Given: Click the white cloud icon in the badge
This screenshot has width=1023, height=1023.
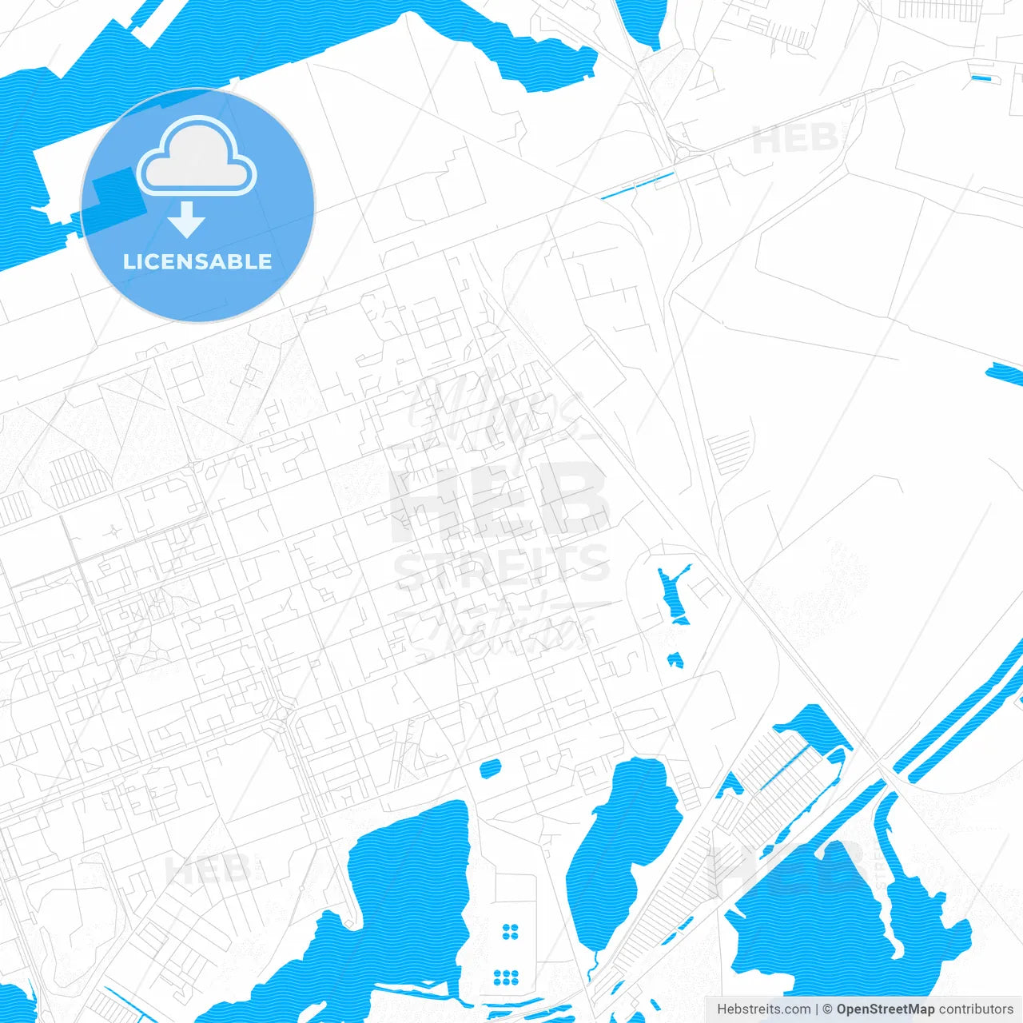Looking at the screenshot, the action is (197, 157).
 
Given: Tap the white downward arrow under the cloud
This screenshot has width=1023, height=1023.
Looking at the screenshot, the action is (187, 220).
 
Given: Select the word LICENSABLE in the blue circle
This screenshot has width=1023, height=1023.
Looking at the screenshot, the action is (197, 261).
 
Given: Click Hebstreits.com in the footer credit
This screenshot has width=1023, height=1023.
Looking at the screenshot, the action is (763, 1009).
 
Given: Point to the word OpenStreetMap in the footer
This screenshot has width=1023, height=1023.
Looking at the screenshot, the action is (885, 1009).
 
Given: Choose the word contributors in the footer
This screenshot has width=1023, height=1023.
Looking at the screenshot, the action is (975, 1009).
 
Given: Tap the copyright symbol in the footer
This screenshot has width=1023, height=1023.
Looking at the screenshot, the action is (827, 1009).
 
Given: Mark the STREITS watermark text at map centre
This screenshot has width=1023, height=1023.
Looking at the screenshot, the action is (502, 566).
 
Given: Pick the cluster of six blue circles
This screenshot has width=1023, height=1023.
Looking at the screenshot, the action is (506, 977).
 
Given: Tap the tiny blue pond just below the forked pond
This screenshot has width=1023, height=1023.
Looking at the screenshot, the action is (675, 660).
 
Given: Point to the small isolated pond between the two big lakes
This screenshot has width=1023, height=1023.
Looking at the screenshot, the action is (490, 769).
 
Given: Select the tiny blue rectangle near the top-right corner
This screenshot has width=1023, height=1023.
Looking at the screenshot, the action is (981, 78).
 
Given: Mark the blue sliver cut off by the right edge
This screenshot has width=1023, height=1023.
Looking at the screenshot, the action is (1005, 373).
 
